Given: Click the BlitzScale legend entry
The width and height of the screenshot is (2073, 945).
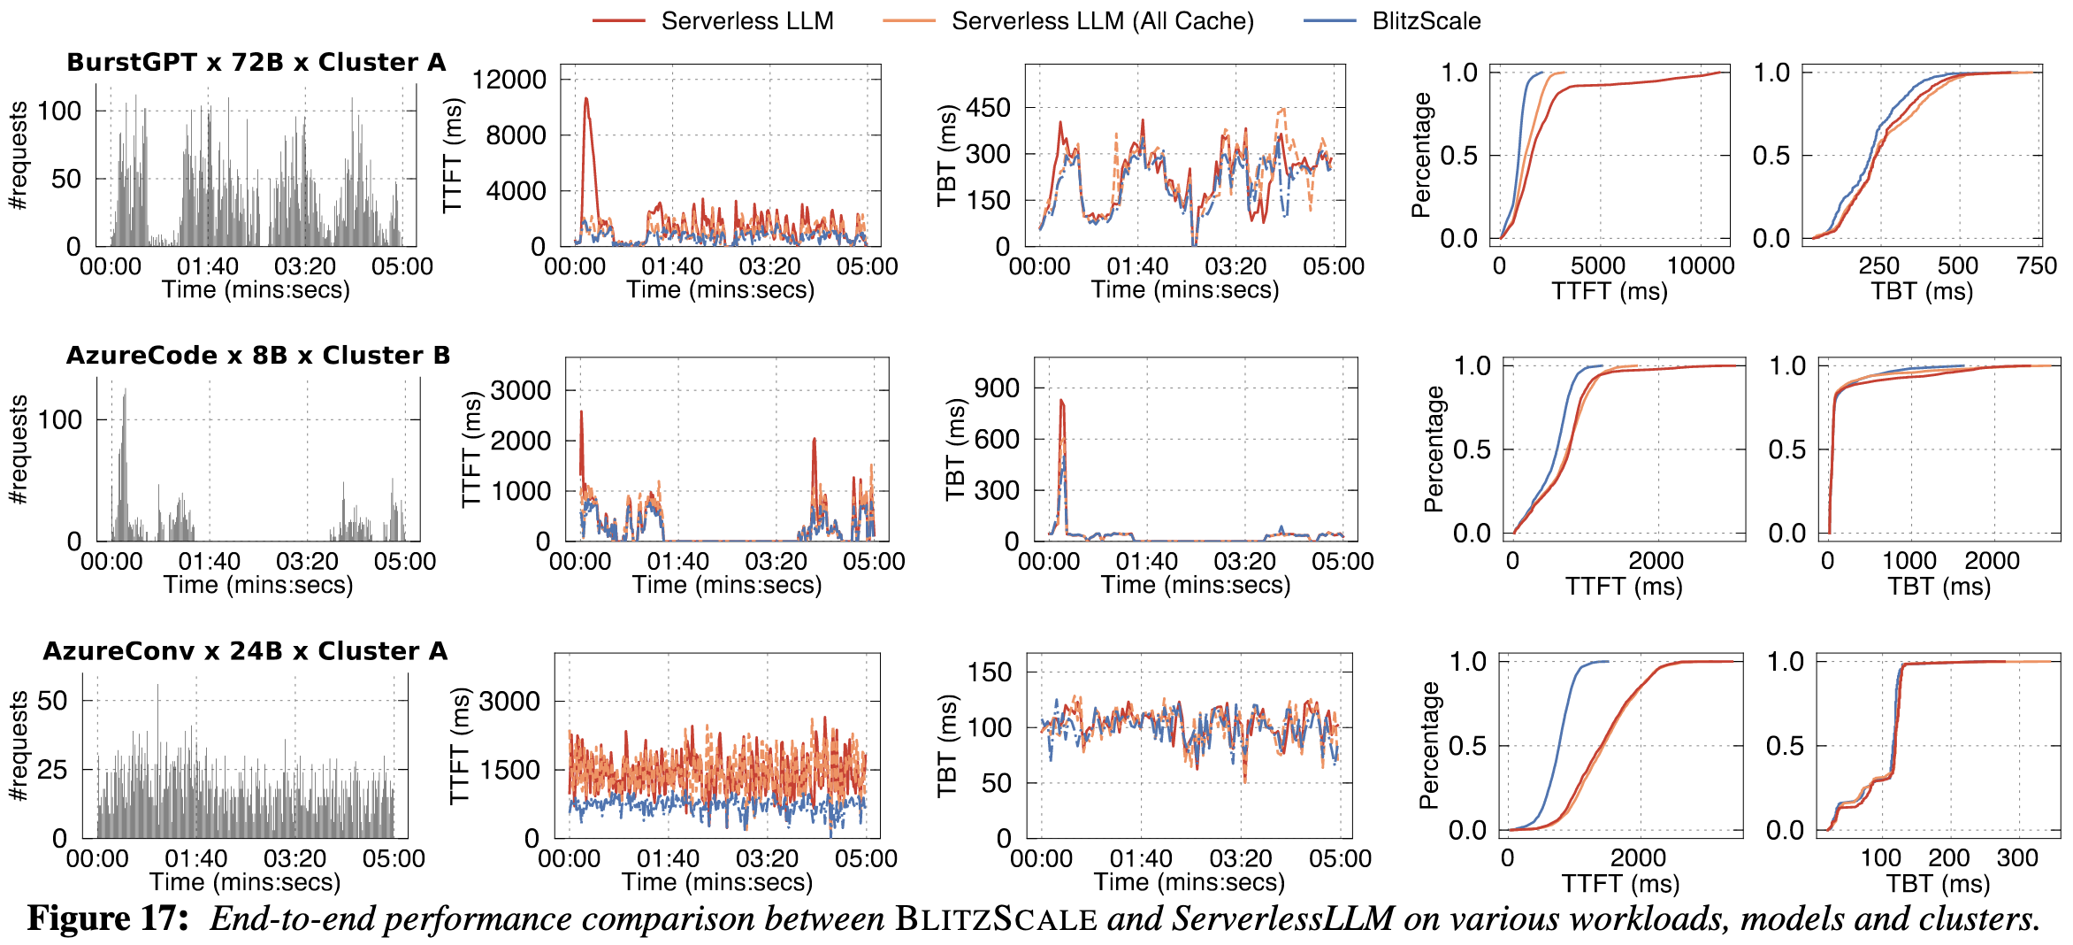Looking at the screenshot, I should pyautogui.click(x=1426, y=21).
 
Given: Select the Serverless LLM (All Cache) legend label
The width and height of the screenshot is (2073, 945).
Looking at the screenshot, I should pyautogui.click(x=1102, y=21).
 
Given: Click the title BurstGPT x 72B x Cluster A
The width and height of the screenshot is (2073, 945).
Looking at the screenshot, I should pyautogui.click(x=256, y=63).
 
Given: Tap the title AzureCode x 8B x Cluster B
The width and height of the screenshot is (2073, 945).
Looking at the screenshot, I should pyautogui.click(x=258, y=356).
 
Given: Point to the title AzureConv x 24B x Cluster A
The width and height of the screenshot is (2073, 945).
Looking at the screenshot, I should pyautogui.click(x=245, y=651).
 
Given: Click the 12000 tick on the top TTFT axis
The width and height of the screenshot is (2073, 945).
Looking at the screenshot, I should pyautogui.click(x=509, y=80).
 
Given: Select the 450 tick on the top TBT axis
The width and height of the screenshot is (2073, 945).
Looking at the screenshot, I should pyautogui.click(x=988, y=108).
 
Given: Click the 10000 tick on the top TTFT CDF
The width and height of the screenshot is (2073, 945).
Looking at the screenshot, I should pyautogui.click(x=1700, y=266).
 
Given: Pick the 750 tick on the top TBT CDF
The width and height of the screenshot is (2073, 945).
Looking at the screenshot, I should pyautogui.click(x=2037, y=266).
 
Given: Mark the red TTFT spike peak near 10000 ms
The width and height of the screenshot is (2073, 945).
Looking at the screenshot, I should pyautogui.click(x=585, y=99).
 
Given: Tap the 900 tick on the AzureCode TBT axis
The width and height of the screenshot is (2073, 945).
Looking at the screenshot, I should pyautogui.click(x=997, y=388).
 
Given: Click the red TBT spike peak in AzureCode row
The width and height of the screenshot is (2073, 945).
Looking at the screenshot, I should pyautogui.click(x=1061, y=401).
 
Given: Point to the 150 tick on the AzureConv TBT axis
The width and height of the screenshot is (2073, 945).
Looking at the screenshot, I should pyautogui.click(x=990, y=672).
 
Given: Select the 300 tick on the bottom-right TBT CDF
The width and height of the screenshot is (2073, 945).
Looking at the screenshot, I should pyautogui.click(x=2017, y=858).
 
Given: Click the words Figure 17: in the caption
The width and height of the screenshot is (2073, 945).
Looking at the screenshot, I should pyautogui.click(x=108, y=919).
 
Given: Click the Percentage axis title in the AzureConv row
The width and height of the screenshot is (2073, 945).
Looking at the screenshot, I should pyautogui.click(x=1428, y=745).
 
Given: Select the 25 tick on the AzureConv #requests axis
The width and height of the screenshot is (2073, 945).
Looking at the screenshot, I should pyautogui.click(x=52, y=770).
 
